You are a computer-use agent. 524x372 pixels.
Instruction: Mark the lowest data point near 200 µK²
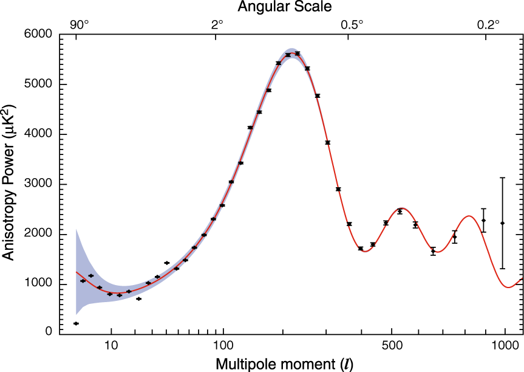pyautogui.click(x=76, y=323)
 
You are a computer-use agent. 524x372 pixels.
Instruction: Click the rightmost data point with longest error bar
pyautogui.click(x=502, y=223)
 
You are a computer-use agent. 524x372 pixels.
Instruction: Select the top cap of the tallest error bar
pyautogui.click(x=502, y=177)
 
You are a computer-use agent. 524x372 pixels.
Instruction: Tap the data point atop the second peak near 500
pyautogui.click(x=400, y=212)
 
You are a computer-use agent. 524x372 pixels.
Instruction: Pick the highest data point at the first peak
pyautogui.click(x=297, y=53)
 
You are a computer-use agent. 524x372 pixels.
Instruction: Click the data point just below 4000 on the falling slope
pyautogui.click(x=327, y=143)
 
